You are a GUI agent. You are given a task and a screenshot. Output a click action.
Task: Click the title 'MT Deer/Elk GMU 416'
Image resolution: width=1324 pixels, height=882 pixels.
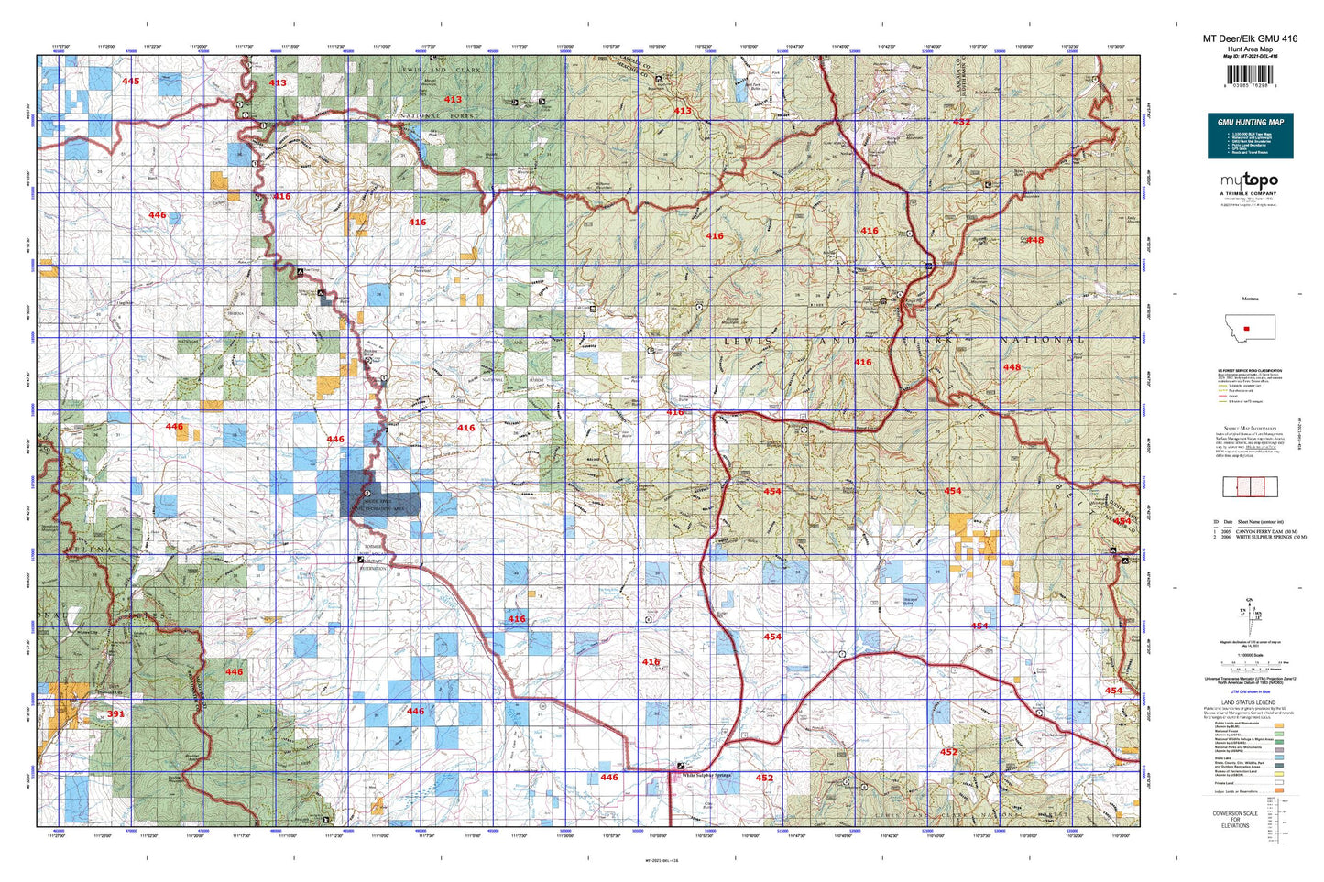[x=1250, y=38]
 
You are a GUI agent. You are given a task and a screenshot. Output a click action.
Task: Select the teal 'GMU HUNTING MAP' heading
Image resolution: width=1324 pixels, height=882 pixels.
[x=1250, y=121]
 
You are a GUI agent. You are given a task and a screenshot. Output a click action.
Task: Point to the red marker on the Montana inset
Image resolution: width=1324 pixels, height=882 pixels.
[x=1247, y=327]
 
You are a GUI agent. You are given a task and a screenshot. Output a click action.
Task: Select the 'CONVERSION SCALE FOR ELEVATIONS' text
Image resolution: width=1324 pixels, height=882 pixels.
[x=1234, y=819]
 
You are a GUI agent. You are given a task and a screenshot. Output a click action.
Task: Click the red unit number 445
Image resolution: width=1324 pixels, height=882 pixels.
[x=131, y=82]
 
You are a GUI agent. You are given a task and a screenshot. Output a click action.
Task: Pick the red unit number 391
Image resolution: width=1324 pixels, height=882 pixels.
[x=115, y=713]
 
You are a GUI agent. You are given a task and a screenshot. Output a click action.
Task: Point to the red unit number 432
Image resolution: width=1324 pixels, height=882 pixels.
[x=961, y=121]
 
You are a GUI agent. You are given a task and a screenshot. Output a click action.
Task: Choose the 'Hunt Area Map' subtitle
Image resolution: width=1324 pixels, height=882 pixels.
[x=1250, y=49]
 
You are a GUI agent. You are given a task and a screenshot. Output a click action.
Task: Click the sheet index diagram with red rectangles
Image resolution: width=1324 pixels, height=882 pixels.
[x=1250, y=486]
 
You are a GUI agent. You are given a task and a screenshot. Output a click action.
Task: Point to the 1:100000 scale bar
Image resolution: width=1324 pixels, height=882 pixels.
[x=1250, y=662]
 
